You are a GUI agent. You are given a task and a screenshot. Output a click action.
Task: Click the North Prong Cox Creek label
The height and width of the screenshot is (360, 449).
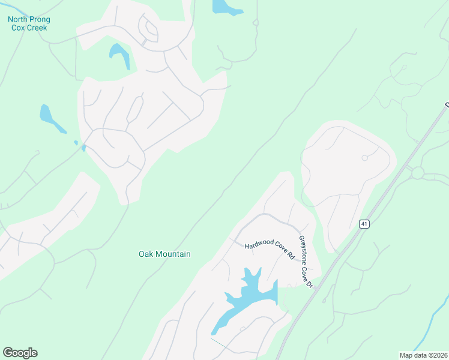29,24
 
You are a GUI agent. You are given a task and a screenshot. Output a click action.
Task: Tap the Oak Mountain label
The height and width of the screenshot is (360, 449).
164,254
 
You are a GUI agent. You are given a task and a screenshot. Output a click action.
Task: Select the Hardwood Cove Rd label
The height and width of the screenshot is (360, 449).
270,251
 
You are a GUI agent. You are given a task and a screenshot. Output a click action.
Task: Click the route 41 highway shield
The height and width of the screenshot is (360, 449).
364,224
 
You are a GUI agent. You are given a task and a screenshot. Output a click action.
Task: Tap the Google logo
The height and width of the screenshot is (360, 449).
20,353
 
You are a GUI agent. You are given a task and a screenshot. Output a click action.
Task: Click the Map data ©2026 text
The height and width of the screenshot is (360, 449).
423,355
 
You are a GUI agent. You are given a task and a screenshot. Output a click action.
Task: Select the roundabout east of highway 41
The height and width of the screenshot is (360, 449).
418,173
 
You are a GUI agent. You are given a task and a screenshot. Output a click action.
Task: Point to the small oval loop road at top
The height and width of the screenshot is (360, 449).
148,28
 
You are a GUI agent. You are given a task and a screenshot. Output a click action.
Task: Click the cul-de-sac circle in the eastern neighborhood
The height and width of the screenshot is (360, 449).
364,158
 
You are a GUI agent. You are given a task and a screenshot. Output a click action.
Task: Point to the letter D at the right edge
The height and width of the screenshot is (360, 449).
447,106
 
